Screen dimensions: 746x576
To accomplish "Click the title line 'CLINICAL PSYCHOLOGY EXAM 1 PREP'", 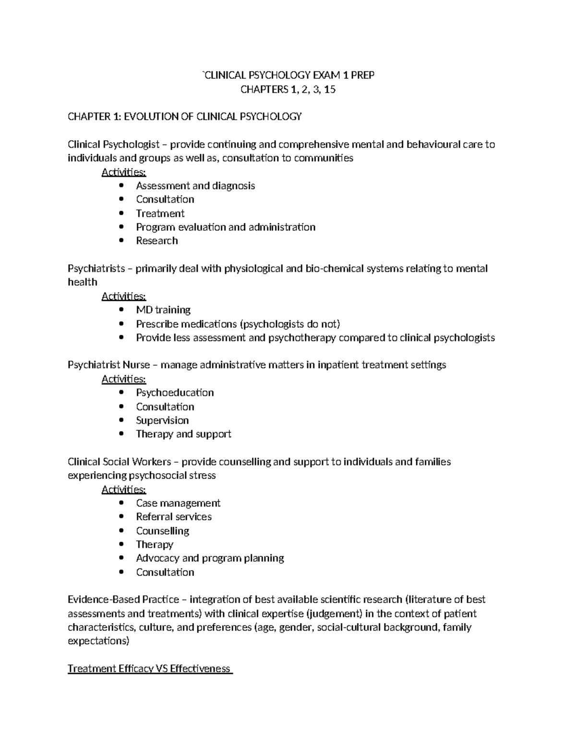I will [288, 75].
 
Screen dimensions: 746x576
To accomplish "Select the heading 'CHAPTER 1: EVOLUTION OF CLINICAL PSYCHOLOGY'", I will [185, 116].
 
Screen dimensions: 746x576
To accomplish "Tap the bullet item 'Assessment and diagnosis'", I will [195, 185].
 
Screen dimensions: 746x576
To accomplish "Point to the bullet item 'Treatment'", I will [160, 213].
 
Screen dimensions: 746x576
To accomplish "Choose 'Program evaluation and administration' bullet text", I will [226, 227].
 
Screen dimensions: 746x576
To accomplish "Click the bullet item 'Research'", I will [156, 241].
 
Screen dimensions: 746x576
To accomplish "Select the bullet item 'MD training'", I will [163, 310].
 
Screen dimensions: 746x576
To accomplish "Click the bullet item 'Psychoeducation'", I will [175, 392].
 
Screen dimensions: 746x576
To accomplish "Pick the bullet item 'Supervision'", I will [162, 420].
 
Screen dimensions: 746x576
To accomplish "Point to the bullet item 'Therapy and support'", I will [183, 434].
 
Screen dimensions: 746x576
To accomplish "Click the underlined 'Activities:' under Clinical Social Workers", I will [124, 489].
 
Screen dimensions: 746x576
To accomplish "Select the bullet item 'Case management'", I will [178, 503].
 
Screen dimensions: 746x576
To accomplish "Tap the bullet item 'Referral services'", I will [174, 517].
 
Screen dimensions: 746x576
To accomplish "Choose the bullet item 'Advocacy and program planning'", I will [210, 558].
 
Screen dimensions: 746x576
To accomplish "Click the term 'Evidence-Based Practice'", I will [123, 599].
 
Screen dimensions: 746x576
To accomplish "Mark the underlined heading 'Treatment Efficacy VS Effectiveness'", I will [149, 669].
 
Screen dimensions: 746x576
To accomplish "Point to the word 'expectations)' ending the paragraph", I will [98, 641].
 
